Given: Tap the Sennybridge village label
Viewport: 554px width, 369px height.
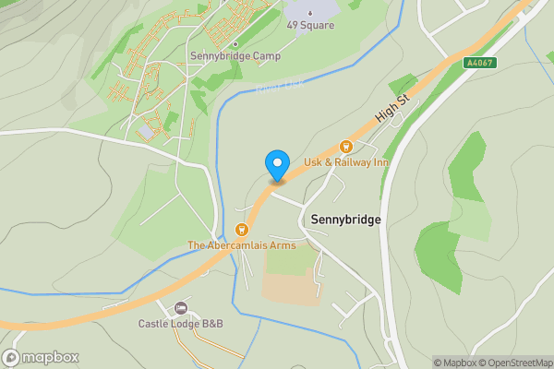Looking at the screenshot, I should coord(346,220).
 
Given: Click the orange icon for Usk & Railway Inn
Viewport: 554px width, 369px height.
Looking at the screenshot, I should coord(346,146).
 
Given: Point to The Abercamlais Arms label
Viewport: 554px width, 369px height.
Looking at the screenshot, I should coord(242,245).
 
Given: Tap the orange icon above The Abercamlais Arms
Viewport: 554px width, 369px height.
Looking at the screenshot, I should coord(242,230).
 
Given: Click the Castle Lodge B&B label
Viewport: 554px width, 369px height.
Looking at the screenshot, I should coord(181,324).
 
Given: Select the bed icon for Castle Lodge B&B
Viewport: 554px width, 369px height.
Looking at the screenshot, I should coord(181,308).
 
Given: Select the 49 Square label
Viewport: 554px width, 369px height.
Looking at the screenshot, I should coord(310,25).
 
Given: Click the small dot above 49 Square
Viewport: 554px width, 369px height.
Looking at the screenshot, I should coord(310,12).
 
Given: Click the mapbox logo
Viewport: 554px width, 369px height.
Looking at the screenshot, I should coord(41,358).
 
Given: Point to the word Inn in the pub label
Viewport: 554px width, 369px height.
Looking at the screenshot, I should coord(379,162).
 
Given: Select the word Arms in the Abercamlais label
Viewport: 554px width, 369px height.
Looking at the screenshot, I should coord(282,245).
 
